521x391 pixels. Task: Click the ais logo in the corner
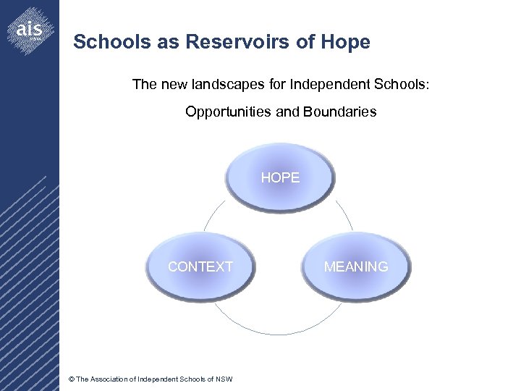pos(31,29)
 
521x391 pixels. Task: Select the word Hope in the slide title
pos(347,42)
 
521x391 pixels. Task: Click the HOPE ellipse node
pos(280,177)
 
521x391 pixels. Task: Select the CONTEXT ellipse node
pos(200,266)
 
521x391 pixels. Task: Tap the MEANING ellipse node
pos(355,266)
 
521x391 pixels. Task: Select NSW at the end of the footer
pos(224,379)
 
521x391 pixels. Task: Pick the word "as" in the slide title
pos(171,42)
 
